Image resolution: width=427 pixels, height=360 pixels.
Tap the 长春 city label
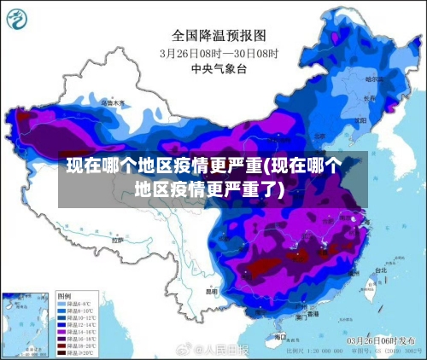pyautogui.click(x=369, y=98)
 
